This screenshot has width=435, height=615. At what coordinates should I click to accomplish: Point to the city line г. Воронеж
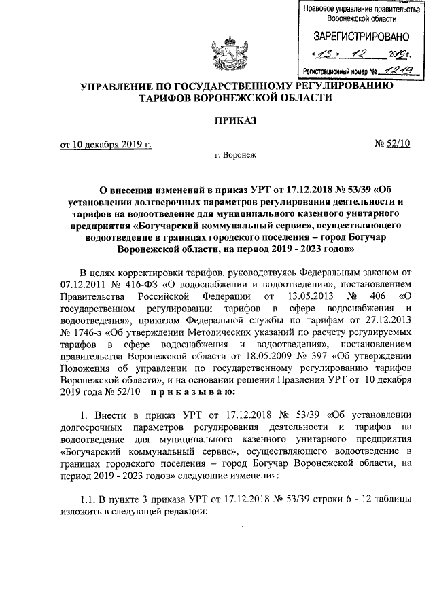point(235,156)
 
